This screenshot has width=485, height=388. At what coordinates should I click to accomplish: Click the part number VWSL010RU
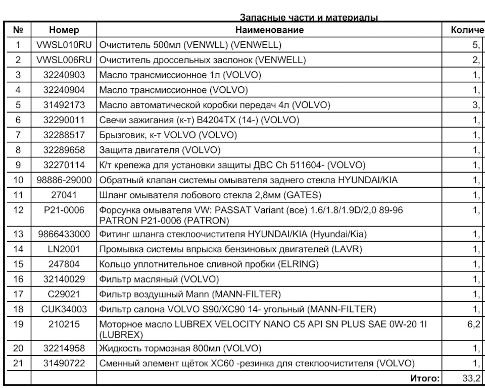click(x=64, y=45)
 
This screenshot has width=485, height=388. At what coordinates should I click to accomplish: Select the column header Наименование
click(x=269, y=30)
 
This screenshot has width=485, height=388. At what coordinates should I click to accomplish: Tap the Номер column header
click(x=64, y=30)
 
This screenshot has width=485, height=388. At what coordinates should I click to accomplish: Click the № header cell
click(x=18, y=30)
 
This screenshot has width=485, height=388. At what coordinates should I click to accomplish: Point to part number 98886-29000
click(x=64, y=180)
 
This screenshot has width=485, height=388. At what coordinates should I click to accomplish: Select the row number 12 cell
click(x=18, y=210)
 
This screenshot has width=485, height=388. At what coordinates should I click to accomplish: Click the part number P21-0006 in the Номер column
click(x=64, y=210)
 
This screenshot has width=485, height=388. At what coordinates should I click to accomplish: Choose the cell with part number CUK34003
click(x=64, y=309)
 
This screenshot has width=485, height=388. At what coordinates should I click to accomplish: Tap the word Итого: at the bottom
click(x=425, y=378)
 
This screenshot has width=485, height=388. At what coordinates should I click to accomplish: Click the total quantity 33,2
click(x=473, y=378)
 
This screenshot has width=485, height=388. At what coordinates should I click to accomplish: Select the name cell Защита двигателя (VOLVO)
click(x=160, y=150)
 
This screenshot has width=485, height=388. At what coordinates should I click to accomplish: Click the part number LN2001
click(x=64, y=249)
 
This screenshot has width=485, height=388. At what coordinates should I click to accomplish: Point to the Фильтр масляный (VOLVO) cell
click(x=159, y=280)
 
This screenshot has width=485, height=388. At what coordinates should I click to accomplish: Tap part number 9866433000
click(x=64, y=234)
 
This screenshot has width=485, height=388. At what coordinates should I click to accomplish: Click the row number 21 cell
click(x=18, y=363)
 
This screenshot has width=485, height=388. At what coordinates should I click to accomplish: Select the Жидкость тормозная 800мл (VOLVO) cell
click(x=180, y=349)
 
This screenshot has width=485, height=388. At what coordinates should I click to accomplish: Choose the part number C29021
click(x=64, y=294)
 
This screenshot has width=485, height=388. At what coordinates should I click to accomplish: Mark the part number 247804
click(x=64, y=264)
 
